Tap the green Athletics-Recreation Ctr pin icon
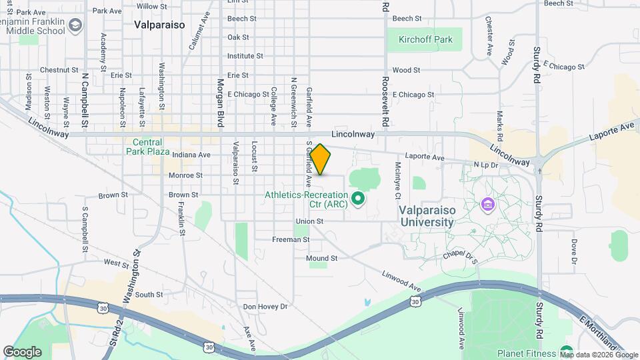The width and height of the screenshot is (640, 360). (357, 198)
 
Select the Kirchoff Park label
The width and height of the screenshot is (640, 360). (425, 39)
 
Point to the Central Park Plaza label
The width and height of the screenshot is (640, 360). (148, 146)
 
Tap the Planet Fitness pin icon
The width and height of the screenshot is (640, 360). (567, 352)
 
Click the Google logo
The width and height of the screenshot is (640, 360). (22, 352)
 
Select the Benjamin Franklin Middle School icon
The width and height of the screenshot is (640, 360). (75, 25)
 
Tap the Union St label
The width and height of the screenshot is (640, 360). (310, 221)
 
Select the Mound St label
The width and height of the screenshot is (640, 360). (322, 258)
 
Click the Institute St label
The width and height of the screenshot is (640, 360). (245, 56)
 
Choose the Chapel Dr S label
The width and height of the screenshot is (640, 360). (461, 257)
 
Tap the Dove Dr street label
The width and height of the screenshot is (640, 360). (573, 252)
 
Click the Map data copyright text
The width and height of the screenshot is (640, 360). (598, 354)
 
